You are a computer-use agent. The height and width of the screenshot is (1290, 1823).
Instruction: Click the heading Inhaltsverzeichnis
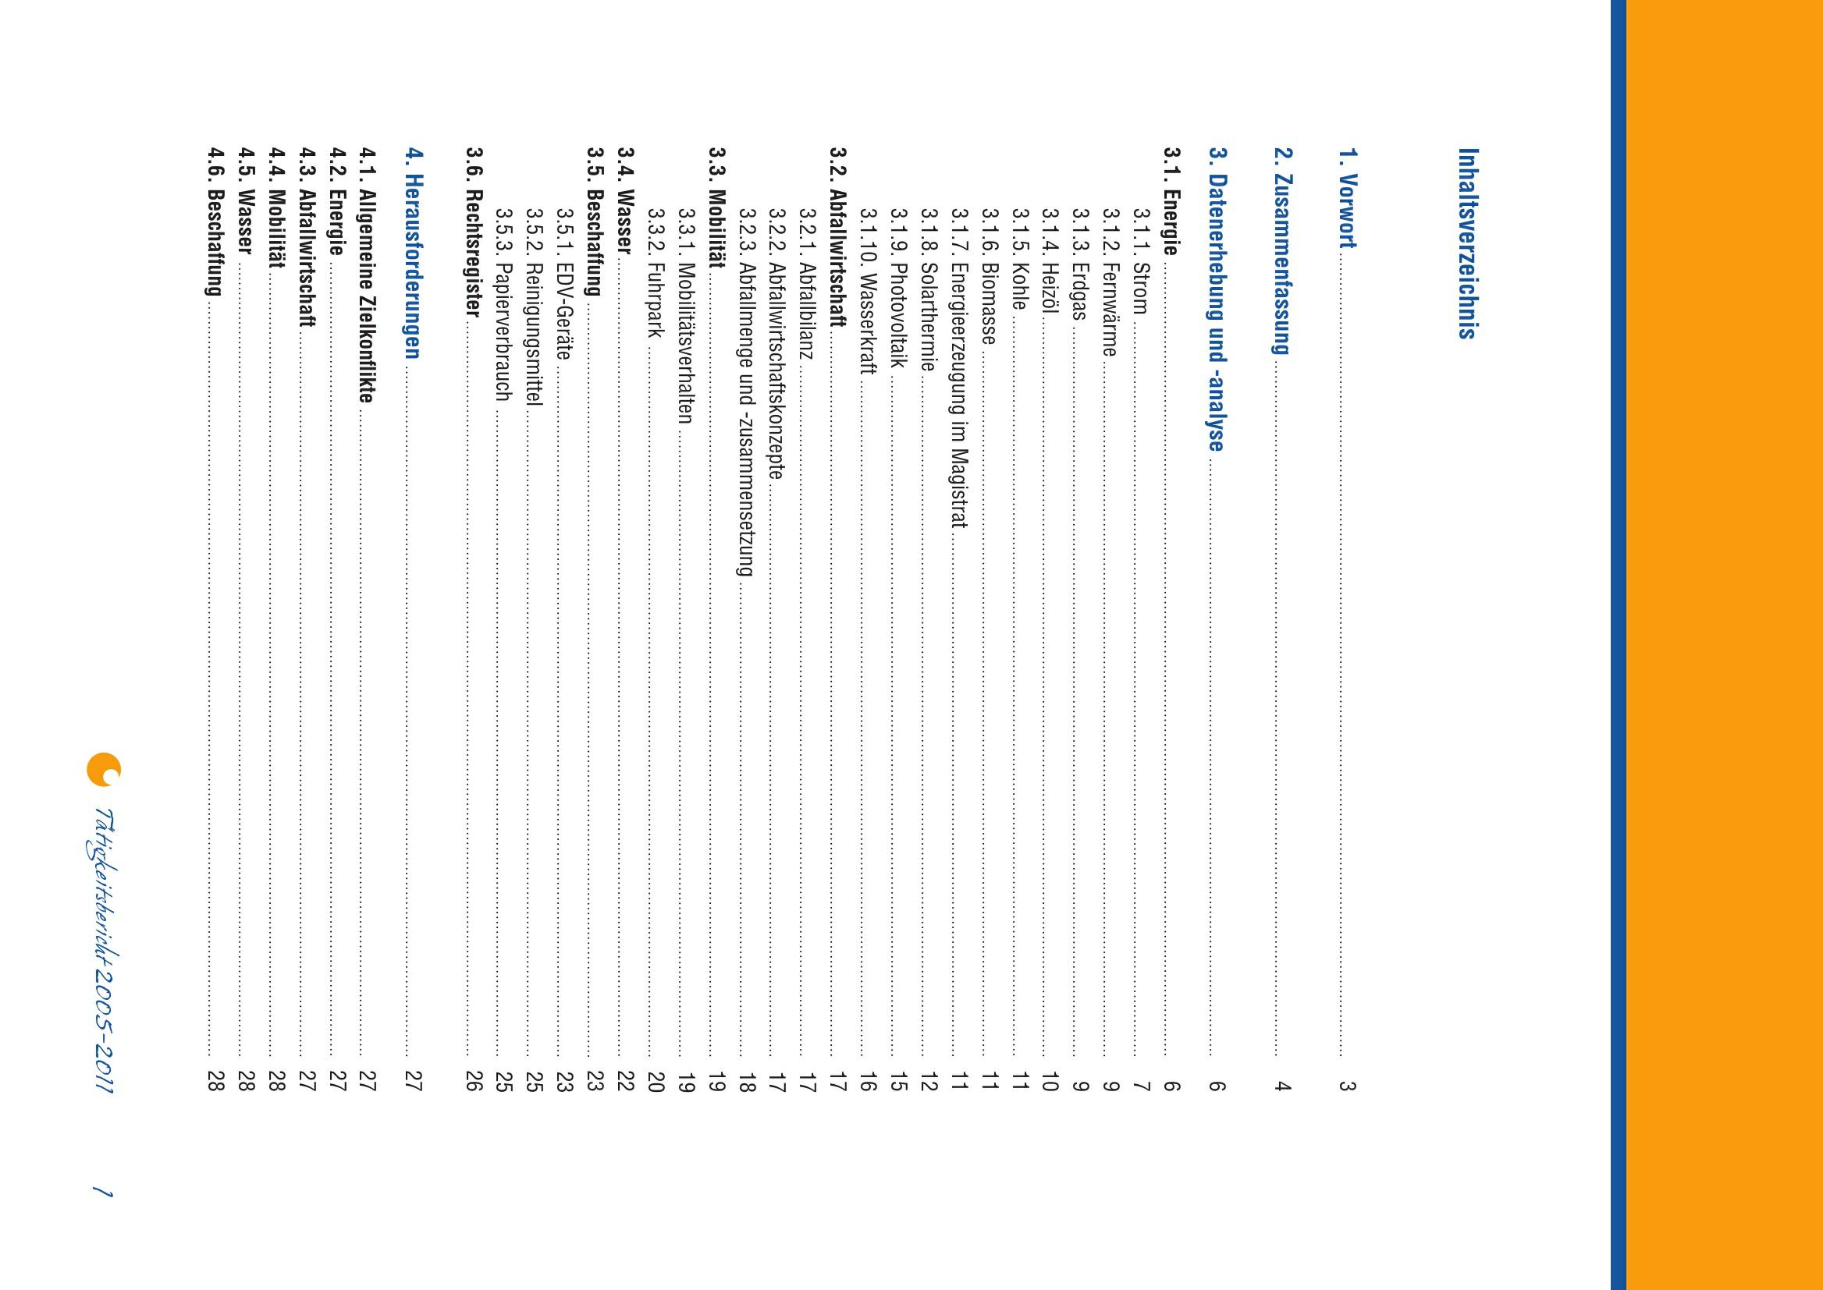pyautogui.click(x=1467, y=243)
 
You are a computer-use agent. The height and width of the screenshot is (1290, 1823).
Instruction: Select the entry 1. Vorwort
pyautogui.click(x=1347, y=199)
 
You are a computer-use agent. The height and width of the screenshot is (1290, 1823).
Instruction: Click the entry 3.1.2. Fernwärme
pyautogui.click(x=1111, y=282)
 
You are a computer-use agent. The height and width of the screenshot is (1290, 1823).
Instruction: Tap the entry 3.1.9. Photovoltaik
pyautogui.click(x=898, y=287)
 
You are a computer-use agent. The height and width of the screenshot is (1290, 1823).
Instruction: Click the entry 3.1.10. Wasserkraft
pyautogui.click(x=868, y=291)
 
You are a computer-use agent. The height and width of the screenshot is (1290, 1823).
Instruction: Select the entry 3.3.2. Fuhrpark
pyautogui.click(x=655, y=272)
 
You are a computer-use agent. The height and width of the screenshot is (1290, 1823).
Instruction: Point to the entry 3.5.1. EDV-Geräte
pyautogui.click(x=563, y=284)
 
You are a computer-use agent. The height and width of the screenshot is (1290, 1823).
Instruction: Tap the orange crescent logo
pyautogui.click(x=103, y=769)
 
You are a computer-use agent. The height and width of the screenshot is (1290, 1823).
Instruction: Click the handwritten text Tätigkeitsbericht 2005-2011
pyautogui.click(x=103, y=950)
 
